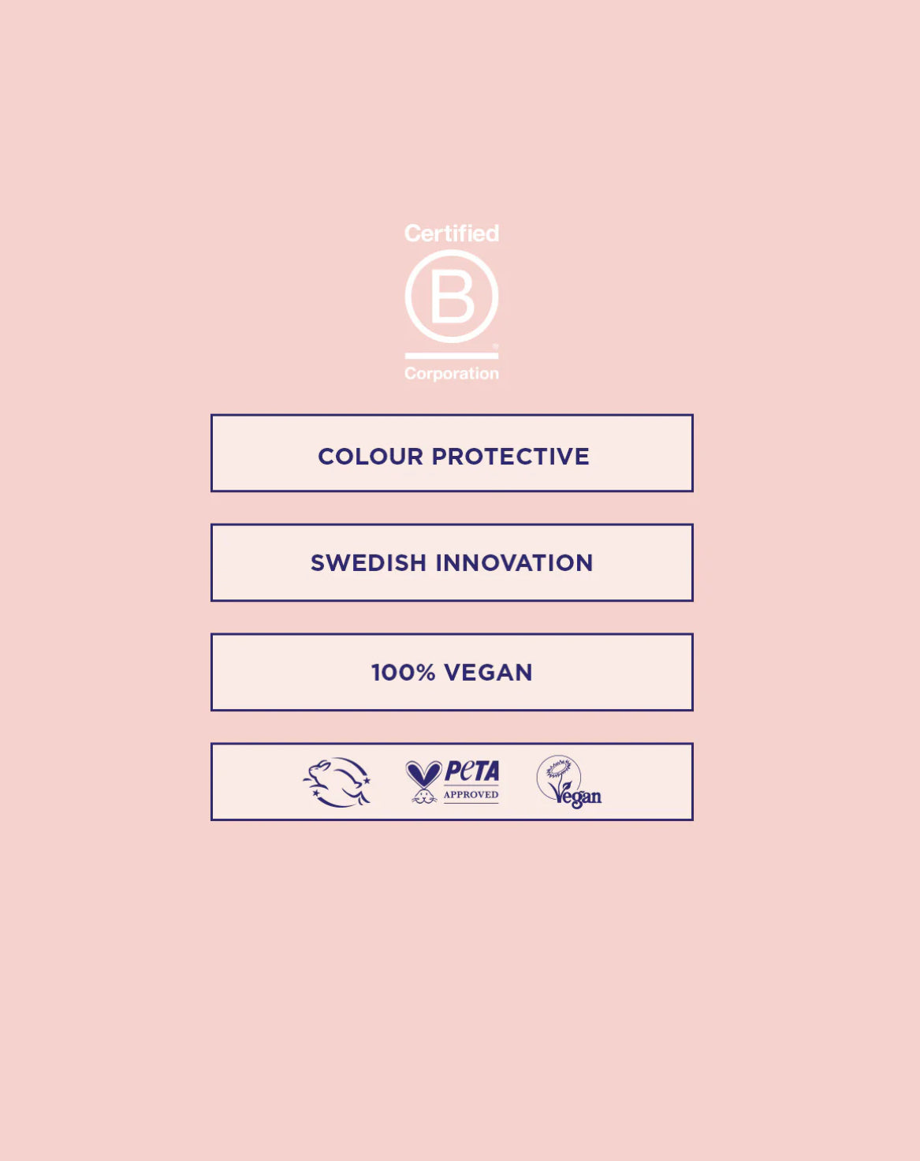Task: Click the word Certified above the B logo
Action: pyautogui.click(x=452, y=233)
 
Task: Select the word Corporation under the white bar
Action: pyautogui.click(x=452, y=374)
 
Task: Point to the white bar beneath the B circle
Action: pyautogui.click(x=452, y=356)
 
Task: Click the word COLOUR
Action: pyautogui.click(x=371, y=457)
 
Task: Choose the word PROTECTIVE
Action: pyautogui.click(x=510, y=457)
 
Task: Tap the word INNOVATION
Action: pyautogui.click(x=514, y=562)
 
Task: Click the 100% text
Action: pyautogui.click(x=403, y=672)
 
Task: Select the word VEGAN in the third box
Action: pyautogui.click(x=488, y=672)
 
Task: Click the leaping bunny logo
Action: pyautogui.click(x=337, y=782)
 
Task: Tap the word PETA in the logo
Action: pyautogui.click(x=472, y=771)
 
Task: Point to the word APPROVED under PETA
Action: pyautogui.click(x=471, y=795)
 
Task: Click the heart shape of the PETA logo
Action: pyautogui.click(x=424, y=773)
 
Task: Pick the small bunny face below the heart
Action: pyautogui.click(x=424, y=795)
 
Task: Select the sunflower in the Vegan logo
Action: pyautogui.click(x=559, y=768)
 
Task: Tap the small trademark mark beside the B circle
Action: pyautogui.click(x=496, y=345)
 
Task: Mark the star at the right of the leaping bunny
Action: pyautogui.click(x=367, y=780)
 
